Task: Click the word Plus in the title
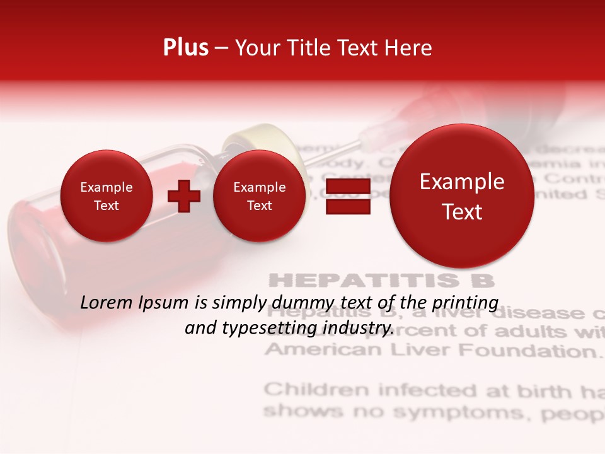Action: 185,48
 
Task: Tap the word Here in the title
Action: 410,48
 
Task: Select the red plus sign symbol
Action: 183,196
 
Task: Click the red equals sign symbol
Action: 348,196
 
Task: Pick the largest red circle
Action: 462,196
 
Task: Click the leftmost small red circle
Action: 107,196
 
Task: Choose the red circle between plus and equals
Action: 259,196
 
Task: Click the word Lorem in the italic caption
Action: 107,303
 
